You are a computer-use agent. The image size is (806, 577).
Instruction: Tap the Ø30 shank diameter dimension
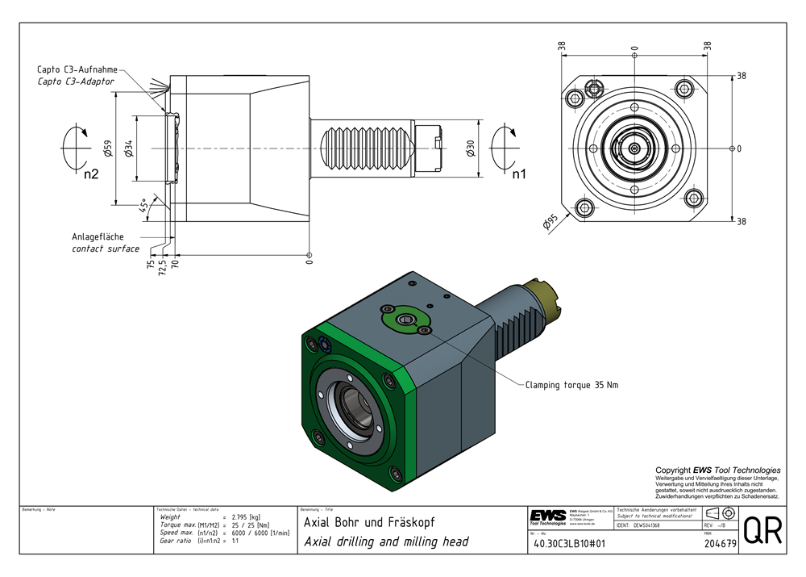click(x=470, y=148)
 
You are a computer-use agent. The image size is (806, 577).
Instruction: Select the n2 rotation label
click(x=90, y=173)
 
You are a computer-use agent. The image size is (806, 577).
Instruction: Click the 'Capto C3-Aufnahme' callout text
click(x=76, y=70)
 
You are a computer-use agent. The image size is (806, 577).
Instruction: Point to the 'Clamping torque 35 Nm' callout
click(x=571, y=385)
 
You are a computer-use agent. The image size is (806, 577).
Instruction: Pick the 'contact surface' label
click(x=106, y=249)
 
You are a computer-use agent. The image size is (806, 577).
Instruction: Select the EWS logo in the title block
click(x=548, y=516)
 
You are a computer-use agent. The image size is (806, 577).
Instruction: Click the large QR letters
click(x=762, y=530)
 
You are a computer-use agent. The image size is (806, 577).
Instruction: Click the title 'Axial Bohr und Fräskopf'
click(x=369, y=522)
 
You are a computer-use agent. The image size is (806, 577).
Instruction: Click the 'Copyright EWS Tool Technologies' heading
click(x=717, y=470)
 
